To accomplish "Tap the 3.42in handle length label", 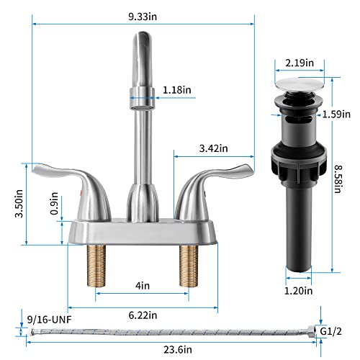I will tap(213, 148).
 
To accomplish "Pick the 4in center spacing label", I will tap(142, 286).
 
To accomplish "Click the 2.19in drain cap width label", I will tap(299, 63).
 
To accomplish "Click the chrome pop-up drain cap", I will tap(298, 80).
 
